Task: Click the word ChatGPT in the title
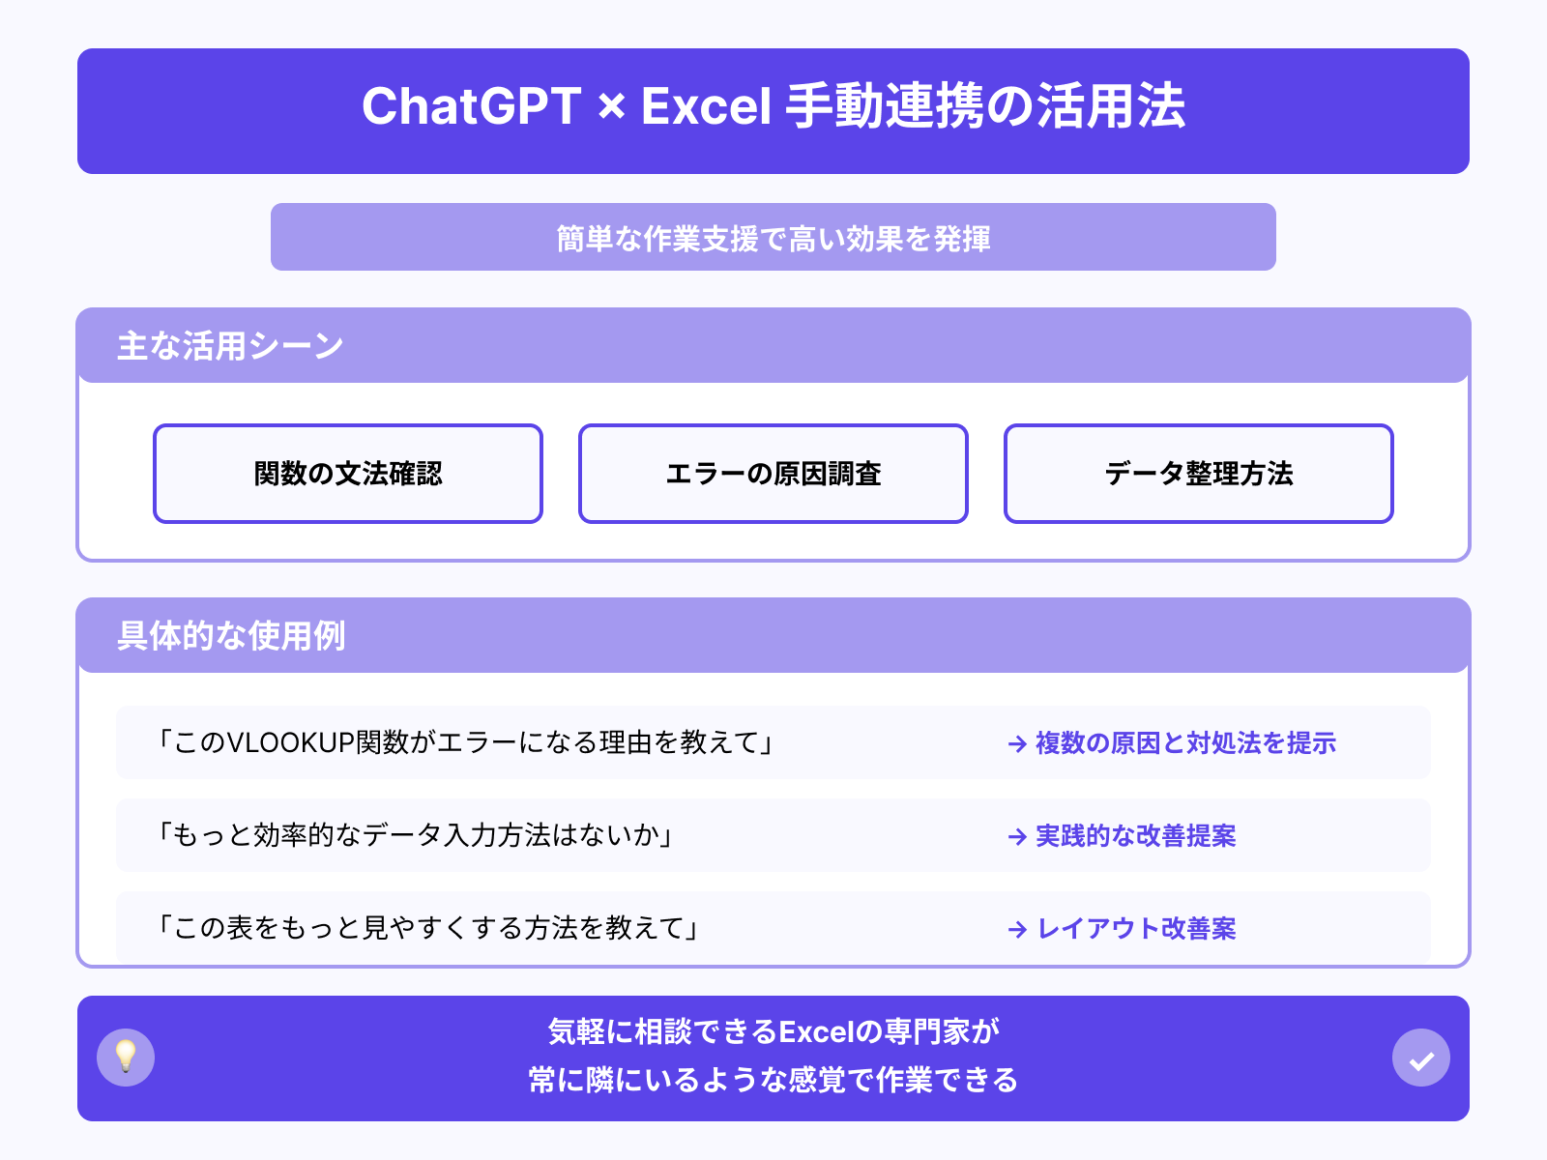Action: (x=471, y=106)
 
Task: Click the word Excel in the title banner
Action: (x=706, y=106)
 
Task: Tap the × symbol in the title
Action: (x=611, y=106)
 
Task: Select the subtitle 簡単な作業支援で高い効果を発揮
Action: (x=773, y=238)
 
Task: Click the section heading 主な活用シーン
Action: (x=230, y=346)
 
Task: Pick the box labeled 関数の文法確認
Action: (x=348, y=474)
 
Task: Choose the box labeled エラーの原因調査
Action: (x=773, y=474)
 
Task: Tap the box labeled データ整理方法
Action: (x=1199, y=474)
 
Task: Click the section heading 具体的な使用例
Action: (x=231, y=636)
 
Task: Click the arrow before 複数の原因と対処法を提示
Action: (x=1017, y=743)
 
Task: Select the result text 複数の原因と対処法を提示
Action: (x=1185, y=742)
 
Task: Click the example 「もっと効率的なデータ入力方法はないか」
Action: (x=416, y=835)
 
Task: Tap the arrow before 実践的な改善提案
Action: (x=1017, y=836)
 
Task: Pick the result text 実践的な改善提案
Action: (x=1135, y=835)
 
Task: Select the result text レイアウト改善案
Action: (x=1136, y=928)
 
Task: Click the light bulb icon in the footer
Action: (x=126, y=1058)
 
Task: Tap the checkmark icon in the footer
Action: (x=1421, y=1058)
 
